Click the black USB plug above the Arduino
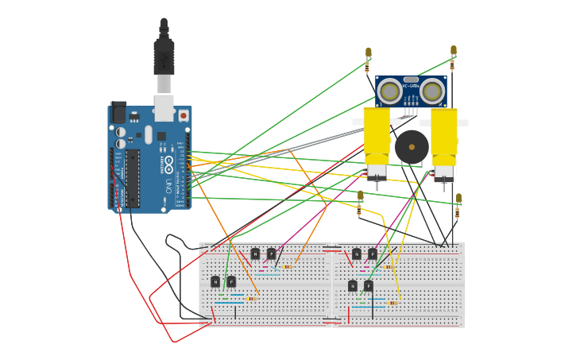[164, 56]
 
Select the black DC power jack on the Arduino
[118, 112]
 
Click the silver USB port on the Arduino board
[164, 107]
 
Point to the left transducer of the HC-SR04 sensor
[389, 91]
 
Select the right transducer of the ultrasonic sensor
[432, 91]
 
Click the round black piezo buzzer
[412, 147]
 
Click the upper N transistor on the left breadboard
[255, 254]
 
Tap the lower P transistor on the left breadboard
[231, 281]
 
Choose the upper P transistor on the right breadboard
[373, 254]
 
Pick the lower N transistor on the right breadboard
[353, 286]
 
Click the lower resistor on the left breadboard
[250, 299]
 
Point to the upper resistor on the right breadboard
[387, 267]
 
